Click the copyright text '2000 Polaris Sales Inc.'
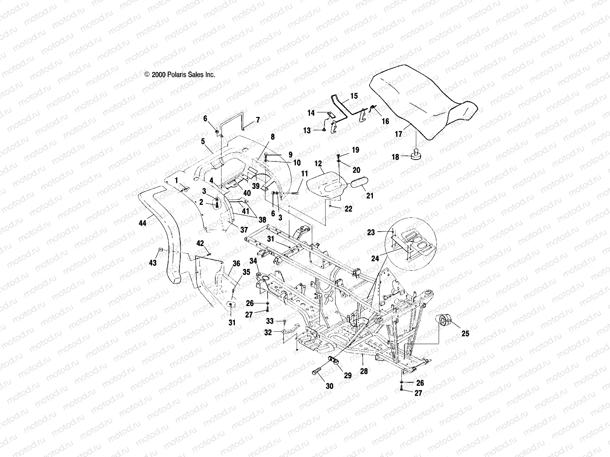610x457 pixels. pyautogui.click(x=180, y=75)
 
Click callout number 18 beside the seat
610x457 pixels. pyautogui.click(x=395, y=157)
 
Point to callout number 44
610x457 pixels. pyautogui.click(x=143, y=224)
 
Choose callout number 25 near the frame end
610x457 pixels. pyautogui.click(x=465, y=334)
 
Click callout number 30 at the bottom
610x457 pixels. pyautogui.click(x=329, y=386)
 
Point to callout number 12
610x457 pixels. pyautogui.click(x=318, y=163)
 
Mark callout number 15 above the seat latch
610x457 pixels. pyautogui.click(x=354, y=96)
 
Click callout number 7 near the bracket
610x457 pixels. pyautogui.click(x=258, y=120)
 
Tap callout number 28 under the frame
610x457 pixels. pyautogui.click(x=364, y=371)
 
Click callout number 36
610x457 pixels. pyautogui.click(x=236, y=264)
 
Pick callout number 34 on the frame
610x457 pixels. pyautogui.click(x=253, y=260)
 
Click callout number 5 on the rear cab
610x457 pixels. pyautogui.click(x=203, y=141)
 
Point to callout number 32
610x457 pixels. pyautogui.click(x=268, y=332)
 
